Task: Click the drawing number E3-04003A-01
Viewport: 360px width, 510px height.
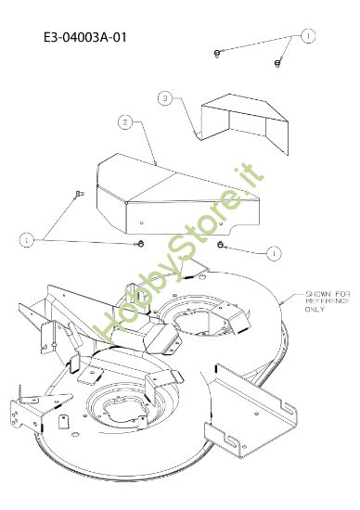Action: coord(85,37)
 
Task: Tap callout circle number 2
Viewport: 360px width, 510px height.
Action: coord(125,122)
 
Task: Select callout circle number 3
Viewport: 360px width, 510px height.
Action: coord(165,98)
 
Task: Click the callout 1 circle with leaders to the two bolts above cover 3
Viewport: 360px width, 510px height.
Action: coord(308,36)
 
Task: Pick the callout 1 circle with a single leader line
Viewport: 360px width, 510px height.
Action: coord(274,253)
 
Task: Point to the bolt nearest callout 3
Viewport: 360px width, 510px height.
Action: coord(217,53)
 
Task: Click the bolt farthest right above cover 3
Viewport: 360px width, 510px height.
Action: coord(277,62)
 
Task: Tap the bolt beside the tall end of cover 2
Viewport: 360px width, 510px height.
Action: coord(79,194)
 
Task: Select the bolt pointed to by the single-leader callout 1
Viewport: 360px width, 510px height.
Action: coord(221,244)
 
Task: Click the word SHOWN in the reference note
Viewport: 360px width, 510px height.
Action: coord(316,294)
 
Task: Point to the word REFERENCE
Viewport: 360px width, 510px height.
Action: coord(328,301)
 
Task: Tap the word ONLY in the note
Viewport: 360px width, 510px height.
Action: coord(315,309)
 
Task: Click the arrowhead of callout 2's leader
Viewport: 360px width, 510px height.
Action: coord(156,164)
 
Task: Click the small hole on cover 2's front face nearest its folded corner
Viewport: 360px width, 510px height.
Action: coord(141,223)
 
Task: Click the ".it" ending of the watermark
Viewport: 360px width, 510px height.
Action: coord(251,176)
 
